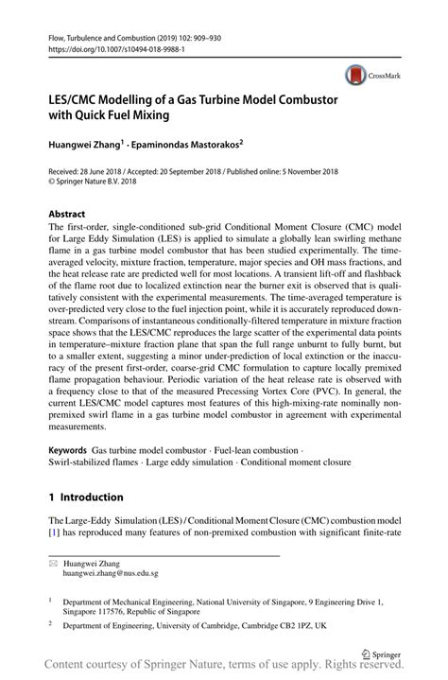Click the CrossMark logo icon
pos(356,74)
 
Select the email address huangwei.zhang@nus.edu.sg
pos(111,573)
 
